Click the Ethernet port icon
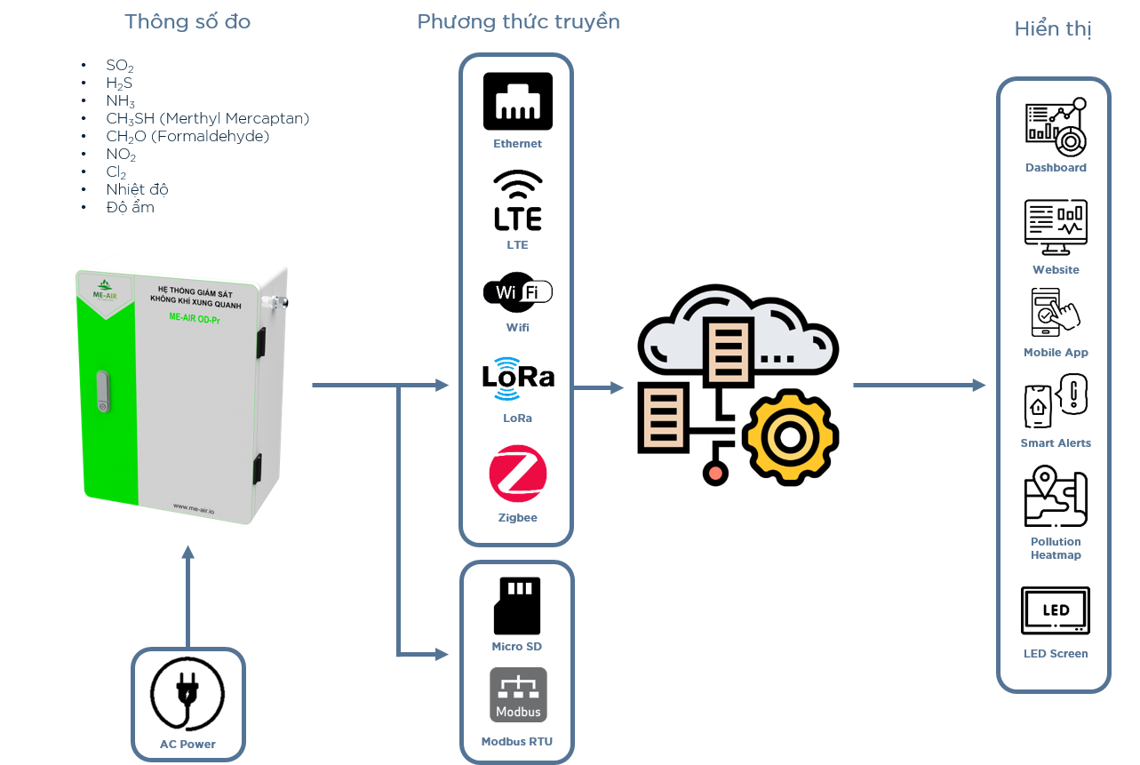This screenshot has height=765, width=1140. point(518,100)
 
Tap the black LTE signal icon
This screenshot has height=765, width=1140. point(518,200)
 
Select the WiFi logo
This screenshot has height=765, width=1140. point(518,292)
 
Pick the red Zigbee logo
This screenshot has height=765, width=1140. point(518,474)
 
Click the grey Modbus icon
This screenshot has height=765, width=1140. point(518,695)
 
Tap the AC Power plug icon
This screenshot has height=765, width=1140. point(187,694)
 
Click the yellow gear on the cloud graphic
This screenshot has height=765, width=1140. point(790,437)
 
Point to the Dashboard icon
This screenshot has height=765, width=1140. point(1056,127)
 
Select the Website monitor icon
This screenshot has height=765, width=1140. point(1056,227)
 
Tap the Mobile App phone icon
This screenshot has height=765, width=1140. point(1055,313)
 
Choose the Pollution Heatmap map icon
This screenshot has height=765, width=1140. point(1056,497)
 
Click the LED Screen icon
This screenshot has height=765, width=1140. point(1056,610)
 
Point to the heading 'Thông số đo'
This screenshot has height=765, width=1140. point(187,22)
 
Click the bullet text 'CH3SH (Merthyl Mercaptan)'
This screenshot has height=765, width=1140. point(208,118)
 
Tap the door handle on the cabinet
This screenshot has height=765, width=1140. point(103,391)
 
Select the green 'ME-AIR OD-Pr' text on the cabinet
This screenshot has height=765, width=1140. point(195,318)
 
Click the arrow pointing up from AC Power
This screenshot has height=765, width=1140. point(187,596)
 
